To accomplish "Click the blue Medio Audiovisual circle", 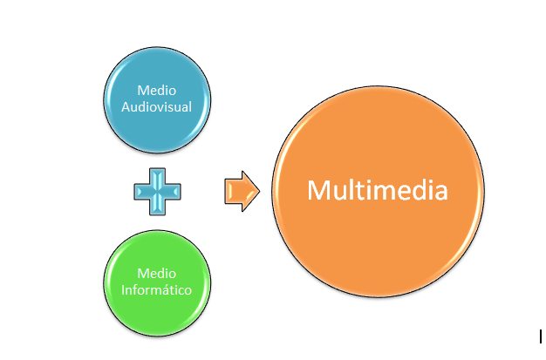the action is coord(157,100).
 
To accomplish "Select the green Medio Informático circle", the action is coord(157,283).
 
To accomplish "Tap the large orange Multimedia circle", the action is coord(378,191).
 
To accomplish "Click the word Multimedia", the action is coord(378,190).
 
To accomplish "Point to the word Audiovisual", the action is coord(157,107).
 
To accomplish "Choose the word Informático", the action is coord(157,290).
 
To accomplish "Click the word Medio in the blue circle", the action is coord(157,91).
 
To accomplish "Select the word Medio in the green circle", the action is coord(157,274).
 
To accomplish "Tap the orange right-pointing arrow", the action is coord(242,191).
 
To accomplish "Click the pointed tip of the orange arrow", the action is coord(259,191).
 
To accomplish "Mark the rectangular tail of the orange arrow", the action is coord(233,191).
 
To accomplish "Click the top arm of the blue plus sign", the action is coord(157,176).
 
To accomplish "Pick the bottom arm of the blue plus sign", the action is coord(157,207).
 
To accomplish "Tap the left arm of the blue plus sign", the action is coord(141,192).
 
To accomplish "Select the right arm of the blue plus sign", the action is coord(173,192).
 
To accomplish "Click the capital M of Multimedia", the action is coord(318,190).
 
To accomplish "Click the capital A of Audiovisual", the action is coord(126,107).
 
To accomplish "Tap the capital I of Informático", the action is coord(123,290).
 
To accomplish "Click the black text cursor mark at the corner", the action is coord(541,336).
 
